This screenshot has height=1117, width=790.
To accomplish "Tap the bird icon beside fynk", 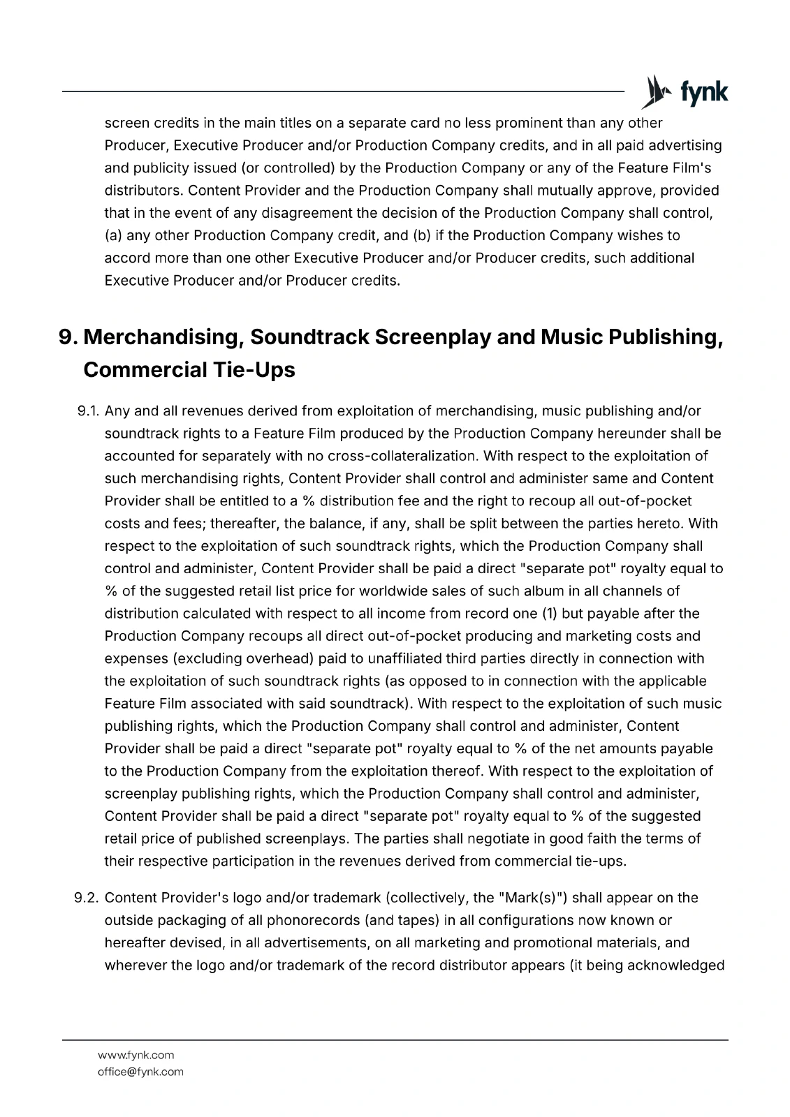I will (x=654, y=92).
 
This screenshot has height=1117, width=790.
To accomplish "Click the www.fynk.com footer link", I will (x=136, y=1055).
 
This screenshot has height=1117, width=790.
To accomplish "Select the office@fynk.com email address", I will (x=140, y=1072).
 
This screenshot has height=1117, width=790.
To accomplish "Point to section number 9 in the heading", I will (x=67, y=337).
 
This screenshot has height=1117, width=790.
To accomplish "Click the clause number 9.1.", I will (x=87, y=411).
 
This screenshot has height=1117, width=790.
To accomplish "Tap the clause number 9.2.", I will (x=87, y=898).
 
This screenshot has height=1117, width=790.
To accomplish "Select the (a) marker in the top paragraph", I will (x=112, y=235).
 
